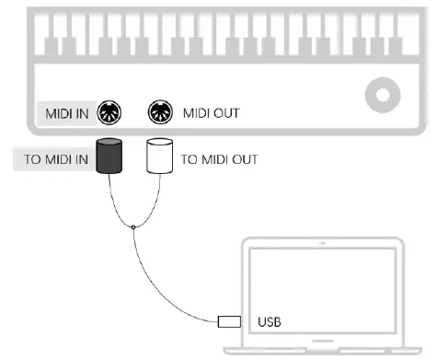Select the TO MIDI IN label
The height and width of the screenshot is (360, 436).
tap(56, 158)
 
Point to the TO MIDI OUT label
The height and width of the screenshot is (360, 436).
tap(220, 158)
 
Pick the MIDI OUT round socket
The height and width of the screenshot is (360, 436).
tap(161, 113)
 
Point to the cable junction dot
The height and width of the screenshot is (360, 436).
tap(133, 227)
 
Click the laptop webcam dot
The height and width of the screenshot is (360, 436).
tap(322, 245)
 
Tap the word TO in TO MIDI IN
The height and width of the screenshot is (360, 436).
tap(32, 158)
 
